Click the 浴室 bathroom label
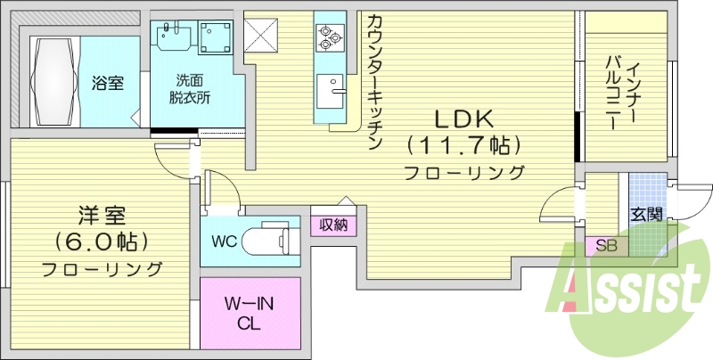(107, 83)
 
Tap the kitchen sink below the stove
(332, 89)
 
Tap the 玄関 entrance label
(646, 214)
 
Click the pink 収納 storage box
(333, 224)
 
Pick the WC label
(225, 241)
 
